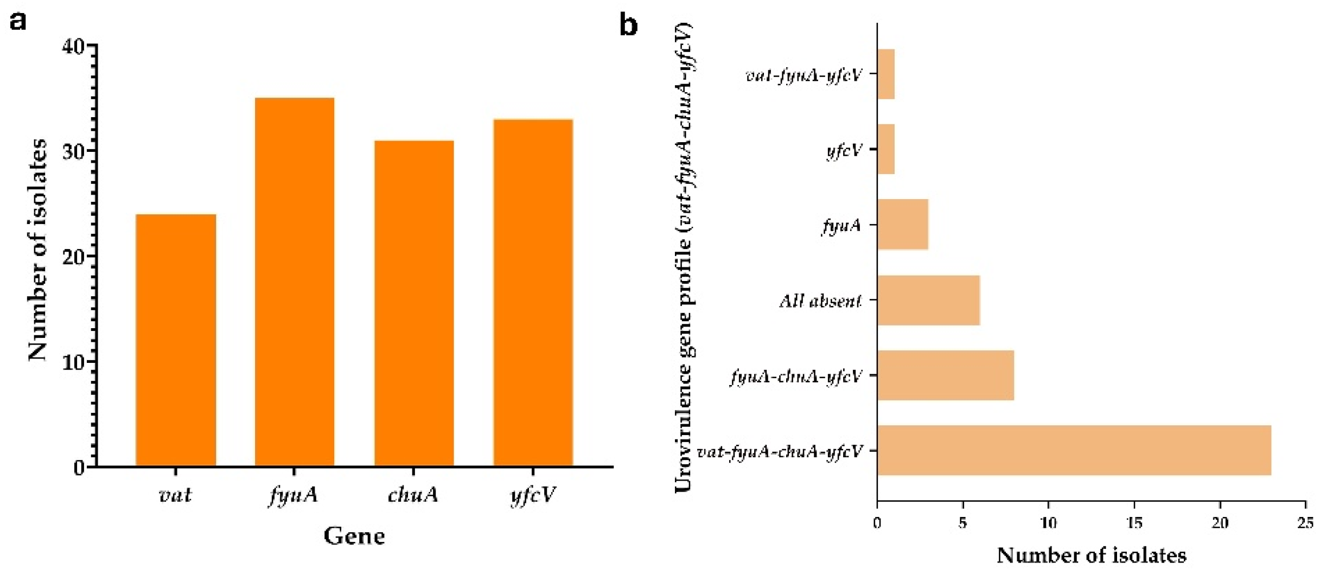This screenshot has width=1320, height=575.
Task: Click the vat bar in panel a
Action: click(176, 340)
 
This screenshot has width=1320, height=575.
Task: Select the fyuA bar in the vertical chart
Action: click(295, 282)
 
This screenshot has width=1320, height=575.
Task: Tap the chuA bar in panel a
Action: click(414, 303)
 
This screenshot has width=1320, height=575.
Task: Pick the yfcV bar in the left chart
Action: click(533, 293)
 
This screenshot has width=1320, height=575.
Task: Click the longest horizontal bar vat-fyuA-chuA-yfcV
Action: click(1074, 450)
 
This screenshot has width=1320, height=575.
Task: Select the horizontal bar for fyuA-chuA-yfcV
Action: click(945, 375)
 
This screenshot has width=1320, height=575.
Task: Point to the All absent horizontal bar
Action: click(928, 300)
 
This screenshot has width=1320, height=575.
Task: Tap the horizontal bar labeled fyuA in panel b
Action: click(902, 225)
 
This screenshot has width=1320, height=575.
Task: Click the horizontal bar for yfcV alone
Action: click(885, 149)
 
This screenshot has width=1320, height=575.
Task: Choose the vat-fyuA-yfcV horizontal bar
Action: click(885, 74)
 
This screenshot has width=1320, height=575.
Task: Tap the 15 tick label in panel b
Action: click(1134, 523)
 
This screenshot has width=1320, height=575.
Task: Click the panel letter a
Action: click(18, 22)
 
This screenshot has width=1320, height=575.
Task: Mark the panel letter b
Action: click(628, 24)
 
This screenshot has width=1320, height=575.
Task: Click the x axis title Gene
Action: click(354, 536)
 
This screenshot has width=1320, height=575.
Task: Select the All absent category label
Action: click(820, 301)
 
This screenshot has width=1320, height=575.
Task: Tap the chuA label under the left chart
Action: click(413, 495)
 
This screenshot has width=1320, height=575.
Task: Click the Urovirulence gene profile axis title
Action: click(684, 258)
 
